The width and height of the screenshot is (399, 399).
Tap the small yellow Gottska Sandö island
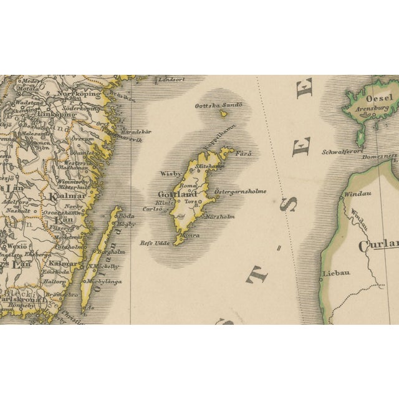[223, 113]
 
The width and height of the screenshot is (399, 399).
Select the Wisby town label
[171, 174]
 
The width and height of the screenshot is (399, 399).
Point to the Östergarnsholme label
[240, 191]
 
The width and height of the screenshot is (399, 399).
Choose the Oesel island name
[379, 98]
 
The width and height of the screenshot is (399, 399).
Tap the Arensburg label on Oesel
[372, 107]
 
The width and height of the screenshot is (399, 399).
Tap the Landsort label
[172, 80]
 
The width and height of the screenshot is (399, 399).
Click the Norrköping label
[79, 93]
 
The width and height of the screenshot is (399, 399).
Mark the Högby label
[127, 223]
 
